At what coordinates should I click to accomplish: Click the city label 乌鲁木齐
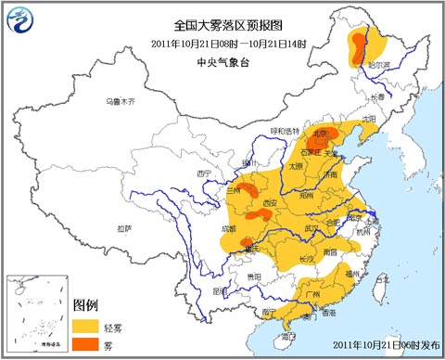coord(120,100)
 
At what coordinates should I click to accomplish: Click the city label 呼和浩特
coord(286,132)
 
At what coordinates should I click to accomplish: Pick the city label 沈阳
coord(370,119)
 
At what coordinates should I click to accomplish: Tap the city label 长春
coord(375,96)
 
